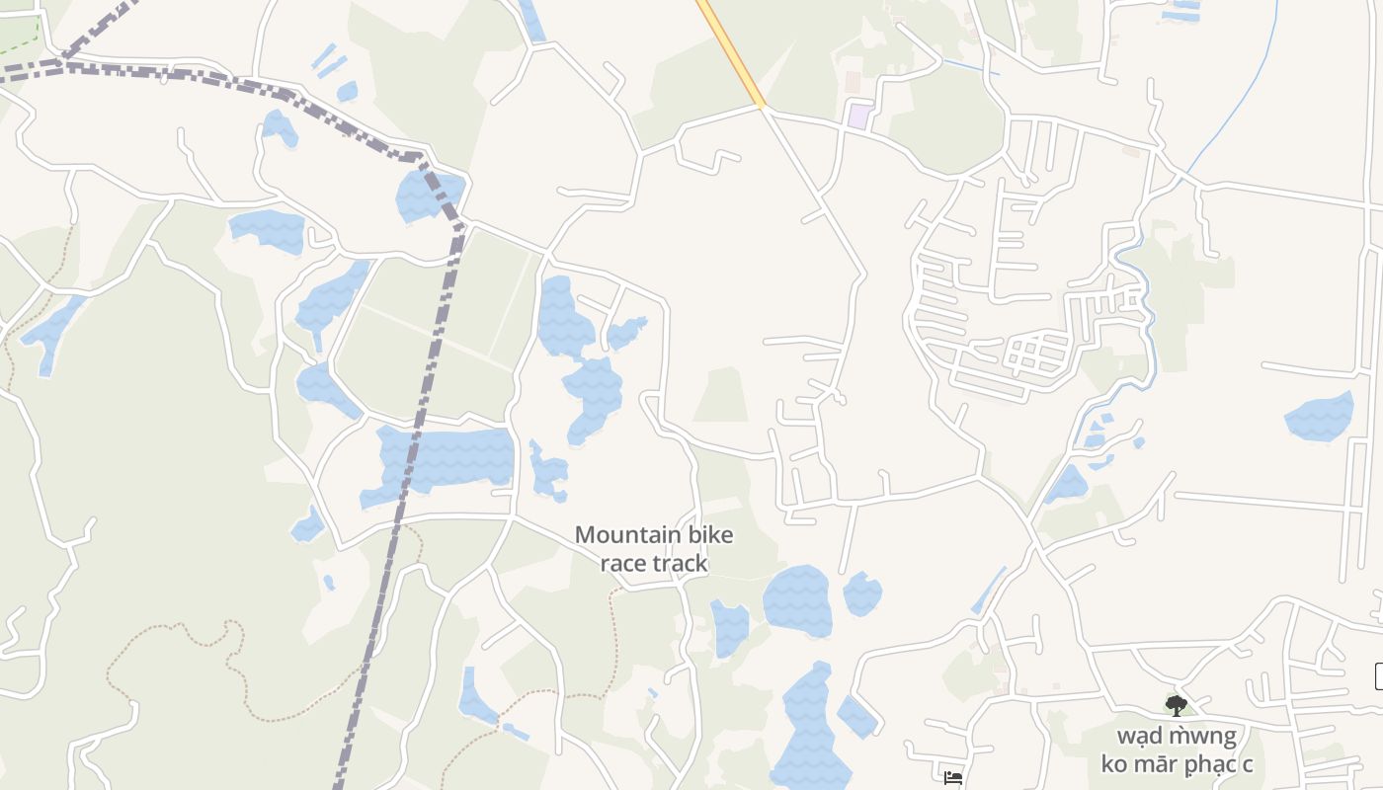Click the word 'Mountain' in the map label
click(613, 535)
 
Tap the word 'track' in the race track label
click(681, 563)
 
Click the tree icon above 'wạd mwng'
click(1176, 705)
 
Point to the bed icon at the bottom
click(952, 778)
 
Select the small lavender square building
click(858, 117)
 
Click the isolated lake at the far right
click(1320, 418)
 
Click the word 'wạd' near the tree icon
click(1141, 736)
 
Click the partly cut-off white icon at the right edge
click(1378, 676)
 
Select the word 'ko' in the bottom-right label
click(1117, 763)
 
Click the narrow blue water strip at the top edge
click(532, 20)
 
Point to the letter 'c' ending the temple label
click(1248, 763)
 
